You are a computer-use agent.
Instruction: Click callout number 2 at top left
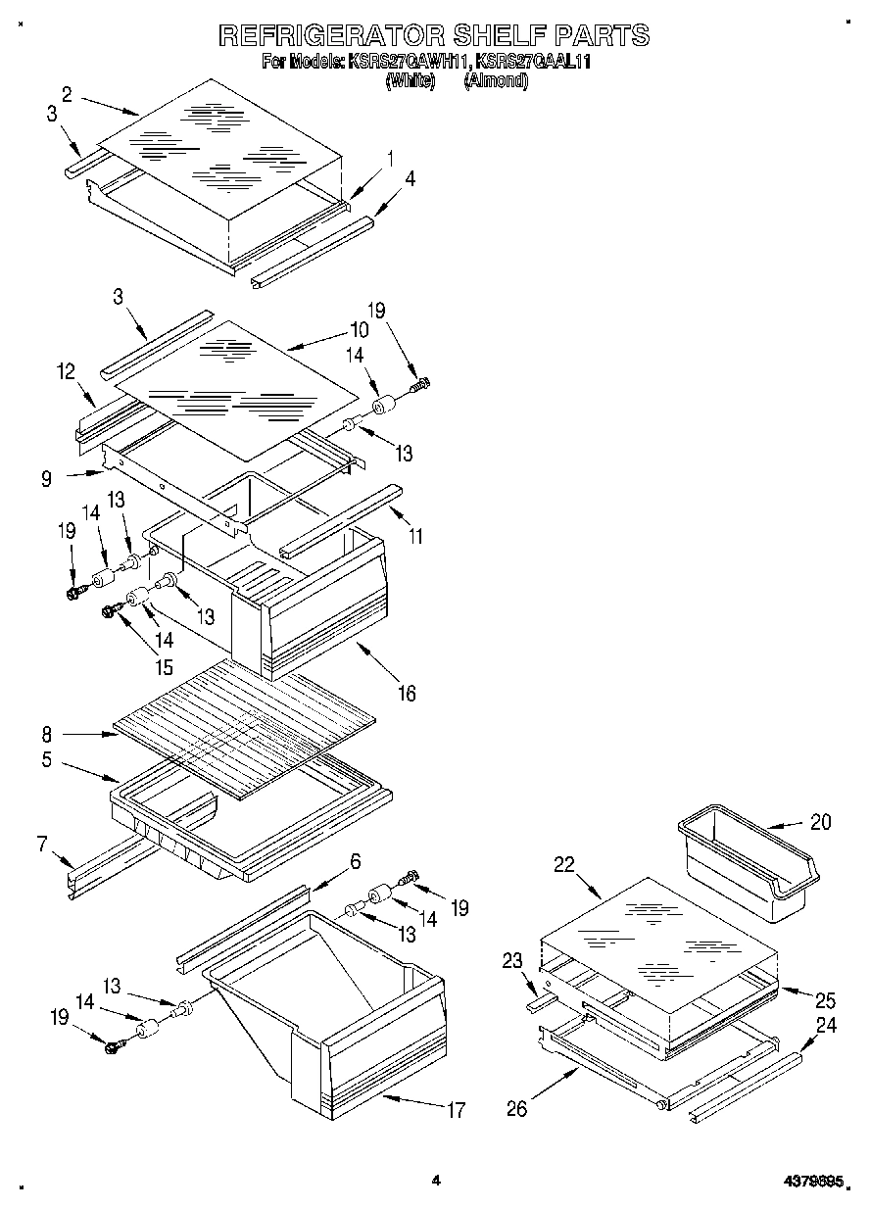tap(67, 95)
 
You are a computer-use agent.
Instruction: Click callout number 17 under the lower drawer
tap(455, 1110)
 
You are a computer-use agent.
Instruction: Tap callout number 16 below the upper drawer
tap(405, 693)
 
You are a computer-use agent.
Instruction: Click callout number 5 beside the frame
tap(46, 759)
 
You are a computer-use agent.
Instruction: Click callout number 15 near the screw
tap(163, 668)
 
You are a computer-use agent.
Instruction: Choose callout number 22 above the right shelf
tap(562, 864)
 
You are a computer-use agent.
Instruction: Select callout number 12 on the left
tap(65, 372)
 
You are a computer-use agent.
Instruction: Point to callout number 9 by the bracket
tap(46, 480)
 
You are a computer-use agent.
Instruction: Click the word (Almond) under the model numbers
tap(495, 81)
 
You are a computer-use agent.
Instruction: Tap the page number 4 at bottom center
tap(436, 1182)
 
